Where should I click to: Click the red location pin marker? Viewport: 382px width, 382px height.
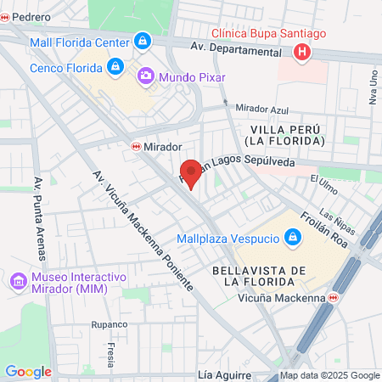tap(192, 172)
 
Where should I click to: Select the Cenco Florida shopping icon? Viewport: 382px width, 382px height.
tap(115, 66)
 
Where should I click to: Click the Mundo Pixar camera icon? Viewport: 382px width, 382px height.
tap(146, 77)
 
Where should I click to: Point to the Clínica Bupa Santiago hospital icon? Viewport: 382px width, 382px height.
tap(301, 53)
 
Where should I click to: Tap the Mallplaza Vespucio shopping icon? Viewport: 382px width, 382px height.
tap(294, 236)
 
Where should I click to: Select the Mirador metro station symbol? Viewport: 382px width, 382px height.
tap(136, 147)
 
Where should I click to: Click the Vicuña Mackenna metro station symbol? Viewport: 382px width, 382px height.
tap(334, 297)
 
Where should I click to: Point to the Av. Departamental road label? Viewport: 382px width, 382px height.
tap(235, 51)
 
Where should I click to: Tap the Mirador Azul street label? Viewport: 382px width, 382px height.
tap(262, 110)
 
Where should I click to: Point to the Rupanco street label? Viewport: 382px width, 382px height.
tap(110, 324)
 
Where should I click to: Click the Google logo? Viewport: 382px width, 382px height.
tap(28, 371)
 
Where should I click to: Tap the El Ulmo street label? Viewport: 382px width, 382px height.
tap(324, 179)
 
